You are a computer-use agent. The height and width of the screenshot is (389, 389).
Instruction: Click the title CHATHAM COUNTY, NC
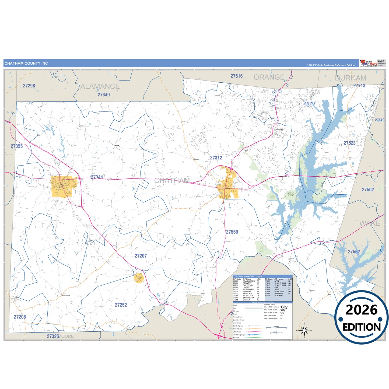[x=26, y=64]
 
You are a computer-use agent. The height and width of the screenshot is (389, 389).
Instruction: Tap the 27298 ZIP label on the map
[x=29, y=86]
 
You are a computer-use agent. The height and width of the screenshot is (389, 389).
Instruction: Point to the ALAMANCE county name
[x=100, y=86]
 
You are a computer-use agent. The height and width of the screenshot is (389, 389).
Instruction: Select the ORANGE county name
[x=269, y=77]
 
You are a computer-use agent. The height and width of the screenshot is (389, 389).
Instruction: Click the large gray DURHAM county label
[x=351, y=78]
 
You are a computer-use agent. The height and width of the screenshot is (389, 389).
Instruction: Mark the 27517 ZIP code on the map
[x=309, y=104]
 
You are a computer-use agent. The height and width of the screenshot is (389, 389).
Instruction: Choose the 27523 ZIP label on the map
[x=349, y=143]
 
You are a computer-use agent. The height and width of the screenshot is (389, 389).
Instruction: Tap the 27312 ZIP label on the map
[x=216, y=158]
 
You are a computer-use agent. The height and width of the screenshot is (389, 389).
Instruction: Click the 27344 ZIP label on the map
[x=97, y=177]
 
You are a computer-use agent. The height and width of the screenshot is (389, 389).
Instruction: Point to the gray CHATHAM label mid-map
[x=172, y=180]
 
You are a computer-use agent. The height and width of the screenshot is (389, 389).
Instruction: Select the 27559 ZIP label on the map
[x=232, y=232]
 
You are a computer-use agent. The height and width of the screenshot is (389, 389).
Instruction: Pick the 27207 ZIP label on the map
[x=141, y=256]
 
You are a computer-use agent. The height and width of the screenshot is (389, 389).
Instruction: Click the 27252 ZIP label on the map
[x=121, y=305]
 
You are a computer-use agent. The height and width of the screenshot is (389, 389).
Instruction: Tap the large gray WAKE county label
[x=370, y=223]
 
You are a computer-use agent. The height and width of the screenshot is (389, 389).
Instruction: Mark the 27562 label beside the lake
[x=354, y=252]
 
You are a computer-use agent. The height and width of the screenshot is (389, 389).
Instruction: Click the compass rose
[x=304, y=330]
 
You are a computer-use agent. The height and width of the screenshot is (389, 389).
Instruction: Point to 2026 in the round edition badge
[x=362, y=310]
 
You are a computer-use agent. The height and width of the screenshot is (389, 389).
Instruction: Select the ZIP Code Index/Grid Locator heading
[x=247, y=276]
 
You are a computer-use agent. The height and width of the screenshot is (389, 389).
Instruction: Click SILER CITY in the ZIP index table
[x=248, y=296]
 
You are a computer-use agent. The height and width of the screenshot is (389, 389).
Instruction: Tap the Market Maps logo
[x=368, y=63]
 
